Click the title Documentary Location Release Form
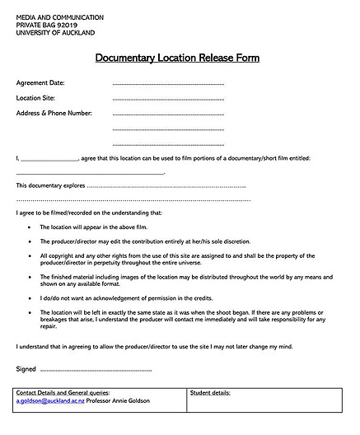coord(176,58)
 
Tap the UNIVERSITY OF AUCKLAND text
coord(55,33)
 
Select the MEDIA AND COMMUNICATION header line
coord(59,17)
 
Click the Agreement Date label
coord(40,83)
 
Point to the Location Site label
coord(35,98)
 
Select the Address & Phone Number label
coord(54,113)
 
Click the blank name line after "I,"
coord(49,158)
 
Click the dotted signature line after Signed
coord(96,370)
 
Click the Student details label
coord(210,394)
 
